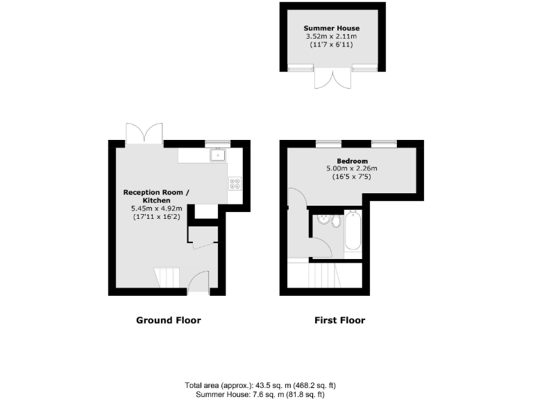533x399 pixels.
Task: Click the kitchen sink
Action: tap(219, 155)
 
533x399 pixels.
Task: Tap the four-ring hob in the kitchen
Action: tap(235, 184)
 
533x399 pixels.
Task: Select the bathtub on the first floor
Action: tap(352, 231)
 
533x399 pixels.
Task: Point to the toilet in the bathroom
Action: tap(335, 222)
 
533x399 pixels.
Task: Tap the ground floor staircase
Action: tap(167, 278)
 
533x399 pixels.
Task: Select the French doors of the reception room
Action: tap(144, 133)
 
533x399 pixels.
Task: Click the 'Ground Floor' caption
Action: tap(168, 320)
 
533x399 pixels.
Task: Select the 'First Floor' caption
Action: tap(340, 320)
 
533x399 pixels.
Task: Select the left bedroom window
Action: tap(328, 143)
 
